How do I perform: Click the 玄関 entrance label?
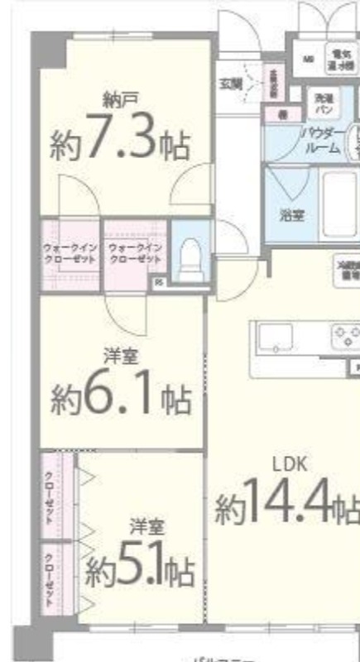pyautogui.click(x=230, y=83)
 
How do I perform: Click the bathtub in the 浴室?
pyautogui.click(x=334, y=204)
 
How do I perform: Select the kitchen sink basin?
pyautogui.click(x=274, y=338)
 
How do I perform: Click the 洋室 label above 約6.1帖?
pyautogui.click(x=119, y=357)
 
